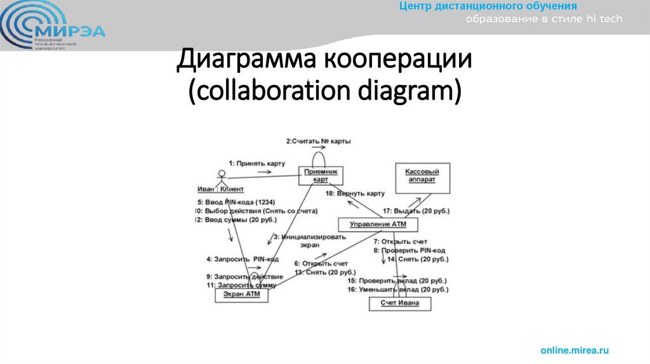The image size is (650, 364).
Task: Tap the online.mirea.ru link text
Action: pyautogui.click(x=574, y=350)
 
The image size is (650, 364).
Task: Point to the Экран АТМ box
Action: pyautogui.click(x=242, y=294)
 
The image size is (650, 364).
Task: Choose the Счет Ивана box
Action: pyautogui.click(x=399, y=303)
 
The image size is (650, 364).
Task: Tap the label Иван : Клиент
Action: pyautogui.click(x=220, y=189)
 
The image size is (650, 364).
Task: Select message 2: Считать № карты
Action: pyautogui.click(x=318, y=141)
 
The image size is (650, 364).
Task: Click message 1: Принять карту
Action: pyautogui.click(x=256, y=163)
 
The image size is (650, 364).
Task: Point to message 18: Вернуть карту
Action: pyautogui.click(x=355, y=193)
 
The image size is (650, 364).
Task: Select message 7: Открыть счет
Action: pyautogui.click(x=400, y=242)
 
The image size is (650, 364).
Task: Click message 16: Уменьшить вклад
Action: pyautogui.click(x=397, y=289)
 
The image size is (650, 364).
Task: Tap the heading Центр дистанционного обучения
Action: pyautogui.click(x=488, y=6)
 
